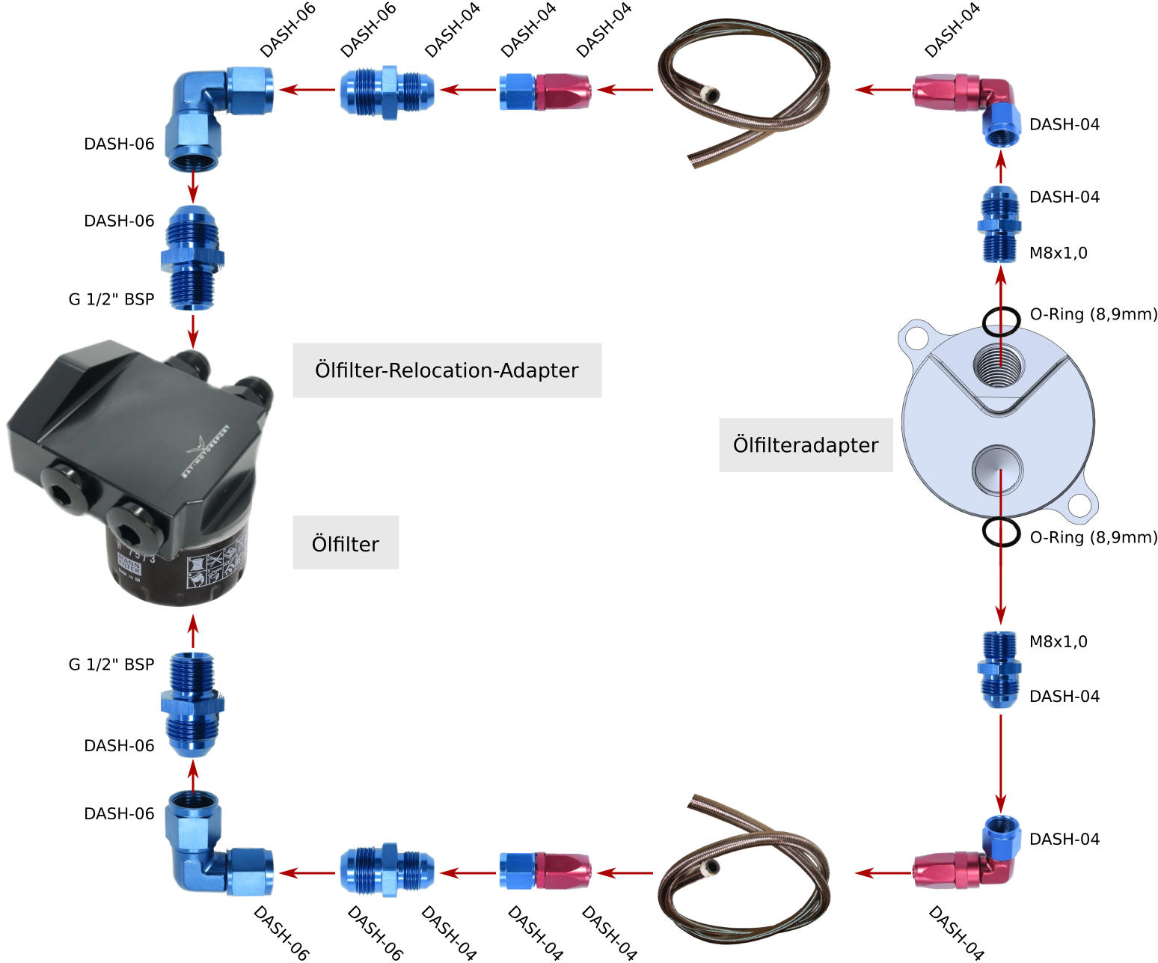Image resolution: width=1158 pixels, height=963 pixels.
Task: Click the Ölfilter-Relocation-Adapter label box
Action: (x=447, y=370)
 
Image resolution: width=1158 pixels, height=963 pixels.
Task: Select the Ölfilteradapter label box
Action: (x=806, y=445)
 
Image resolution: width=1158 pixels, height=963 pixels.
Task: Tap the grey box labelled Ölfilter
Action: (x=345, y=543)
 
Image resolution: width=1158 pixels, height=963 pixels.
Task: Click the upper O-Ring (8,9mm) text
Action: (x=1093, y=314)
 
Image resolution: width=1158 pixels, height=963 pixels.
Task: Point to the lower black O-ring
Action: (x=1001, y=533)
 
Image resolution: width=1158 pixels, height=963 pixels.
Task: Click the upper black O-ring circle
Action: (x=1001, y=321)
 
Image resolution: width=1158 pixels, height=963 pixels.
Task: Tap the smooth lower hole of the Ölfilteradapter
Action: (x=997, y=470)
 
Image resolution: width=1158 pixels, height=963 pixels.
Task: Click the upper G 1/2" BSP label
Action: (x=111, y=299)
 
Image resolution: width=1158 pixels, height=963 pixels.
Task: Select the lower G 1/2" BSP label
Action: (x=111, y=664)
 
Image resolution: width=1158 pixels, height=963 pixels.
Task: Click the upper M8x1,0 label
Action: (x=1058, y=253)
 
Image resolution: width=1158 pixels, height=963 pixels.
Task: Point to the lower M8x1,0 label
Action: (x=1058, y=641)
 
